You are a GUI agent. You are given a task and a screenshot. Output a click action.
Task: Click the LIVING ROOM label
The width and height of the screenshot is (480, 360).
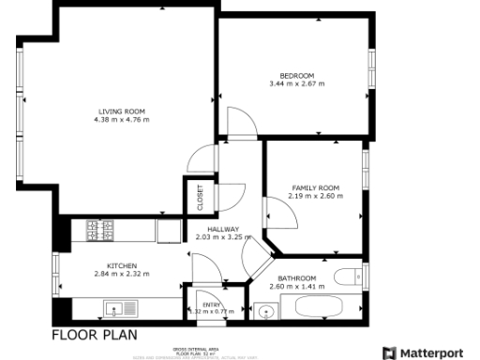(x=122, y=112)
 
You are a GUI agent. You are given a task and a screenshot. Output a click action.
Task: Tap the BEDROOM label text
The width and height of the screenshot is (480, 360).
(x=296, y=76)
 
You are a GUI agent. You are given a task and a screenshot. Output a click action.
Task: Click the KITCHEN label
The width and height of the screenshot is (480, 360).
(x=122, y=265)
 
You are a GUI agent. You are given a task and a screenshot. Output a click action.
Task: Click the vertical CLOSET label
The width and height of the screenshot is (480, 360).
(x=200, y=199)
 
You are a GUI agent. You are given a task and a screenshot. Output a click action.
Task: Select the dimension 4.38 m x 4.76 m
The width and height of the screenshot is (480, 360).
(x=122, y=120)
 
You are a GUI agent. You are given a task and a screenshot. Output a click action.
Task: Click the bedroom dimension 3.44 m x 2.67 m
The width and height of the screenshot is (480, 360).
(x=296, y=84)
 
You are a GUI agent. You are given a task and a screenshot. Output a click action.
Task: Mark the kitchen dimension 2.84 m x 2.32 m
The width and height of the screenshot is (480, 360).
(x=122, y=274)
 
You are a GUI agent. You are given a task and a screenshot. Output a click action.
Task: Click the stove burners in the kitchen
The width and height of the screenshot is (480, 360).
(x=100, y=228)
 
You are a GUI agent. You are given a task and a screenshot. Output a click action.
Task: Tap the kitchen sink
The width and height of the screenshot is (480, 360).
(x=121, y=307)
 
